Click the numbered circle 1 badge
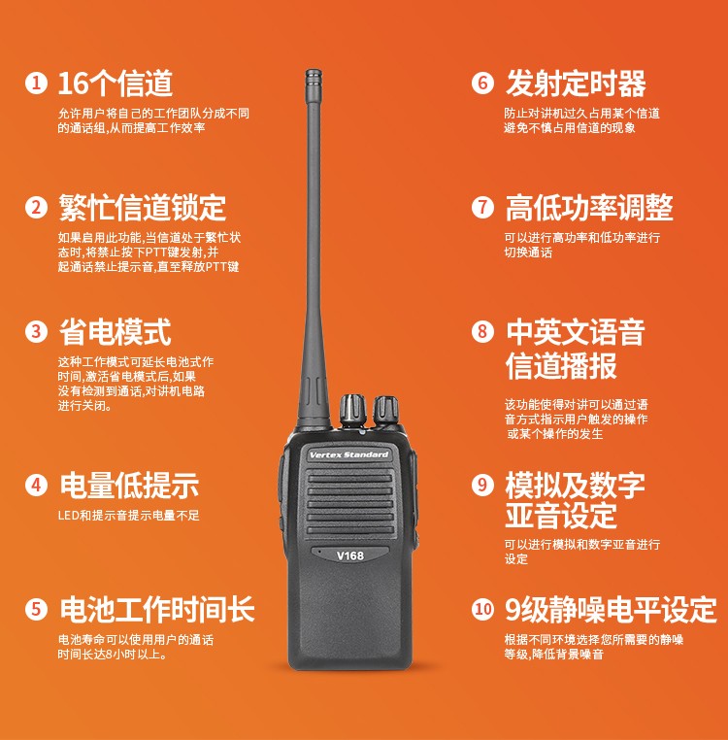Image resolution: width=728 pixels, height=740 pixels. click(36, 84)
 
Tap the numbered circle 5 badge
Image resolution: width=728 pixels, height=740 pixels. click(36, 609)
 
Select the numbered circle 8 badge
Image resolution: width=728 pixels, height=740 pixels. click(482, 332)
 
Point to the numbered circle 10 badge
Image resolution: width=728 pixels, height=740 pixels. click(482, 609)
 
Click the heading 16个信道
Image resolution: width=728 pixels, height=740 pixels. click(116, 84)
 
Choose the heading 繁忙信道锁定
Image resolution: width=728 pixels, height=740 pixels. click(143, 208)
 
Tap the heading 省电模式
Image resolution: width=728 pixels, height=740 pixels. click(115, 332)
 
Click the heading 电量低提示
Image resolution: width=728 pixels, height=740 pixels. click(129, 486)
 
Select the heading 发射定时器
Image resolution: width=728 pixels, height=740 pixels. click(576, 84)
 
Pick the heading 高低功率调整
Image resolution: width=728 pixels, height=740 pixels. click(589, 208)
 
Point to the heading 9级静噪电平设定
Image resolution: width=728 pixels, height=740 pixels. click(611, 609)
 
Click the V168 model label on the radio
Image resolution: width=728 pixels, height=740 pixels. click(350, 555)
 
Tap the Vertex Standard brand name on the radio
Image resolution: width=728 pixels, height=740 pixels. click(348, 454)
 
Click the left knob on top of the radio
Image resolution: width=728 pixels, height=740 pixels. click(352, 410)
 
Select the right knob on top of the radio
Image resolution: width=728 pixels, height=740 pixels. click(386, 410)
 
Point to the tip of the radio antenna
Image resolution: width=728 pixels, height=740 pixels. click(314, 71)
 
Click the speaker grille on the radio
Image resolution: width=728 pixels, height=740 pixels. click(349, 503)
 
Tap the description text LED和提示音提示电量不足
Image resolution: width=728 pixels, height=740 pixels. click(129, 515)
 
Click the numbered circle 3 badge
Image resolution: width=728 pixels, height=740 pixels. click(36, 332)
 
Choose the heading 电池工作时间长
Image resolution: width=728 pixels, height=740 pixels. click(157, 609)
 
